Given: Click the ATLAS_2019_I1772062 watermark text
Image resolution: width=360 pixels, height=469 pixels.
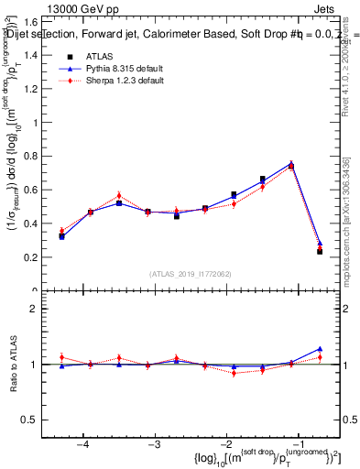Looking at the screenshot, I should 190,274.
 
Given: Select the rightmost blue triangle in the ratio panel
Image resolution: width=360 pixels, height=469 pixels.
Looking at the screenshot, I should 320,348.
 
